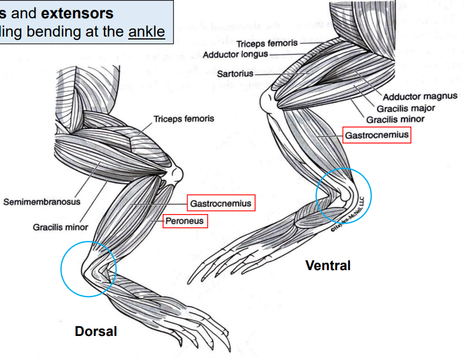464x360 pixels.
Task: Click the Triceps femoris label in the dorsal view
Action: pyautogui.click(x=184, y=119)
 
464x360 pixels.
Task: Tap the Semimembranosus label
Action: pyautogui.click(x=42, y=201)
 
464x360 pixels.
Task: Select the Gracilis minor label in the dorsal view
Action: pyautogui.click(x=60, y=227)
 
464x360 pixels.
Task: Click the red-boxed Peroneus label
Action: pyautogui.click(x=184, y=221)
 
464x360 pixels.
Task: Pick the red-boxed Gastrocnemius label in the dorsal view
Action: pyautogui.click(x=220, y=203)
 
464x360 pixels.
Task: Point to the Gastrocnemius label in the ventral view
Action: pyautogui.click(x=376, y=135)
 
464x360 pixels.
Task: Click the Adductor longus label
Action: pyautogui.click(x=235, y=54)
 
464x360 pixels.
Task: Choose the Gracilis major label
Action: pyautogui.click(x=406, y=108)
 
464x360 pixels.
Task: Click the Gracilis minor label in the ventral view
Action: pyautogui.click(x=395, y=119)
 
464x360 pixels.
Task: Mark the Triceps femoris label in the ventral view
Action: pyautogui.click(x=268, y=44)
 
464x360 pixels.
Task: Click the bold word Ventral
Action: pyautogui.click(x=328, y=266)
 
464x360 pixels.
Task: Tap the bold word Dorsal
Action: pyautogui.click(x=96, y=331)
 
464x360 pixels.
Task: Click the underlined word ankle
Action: pyautogui.click(x=146, y=31)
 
